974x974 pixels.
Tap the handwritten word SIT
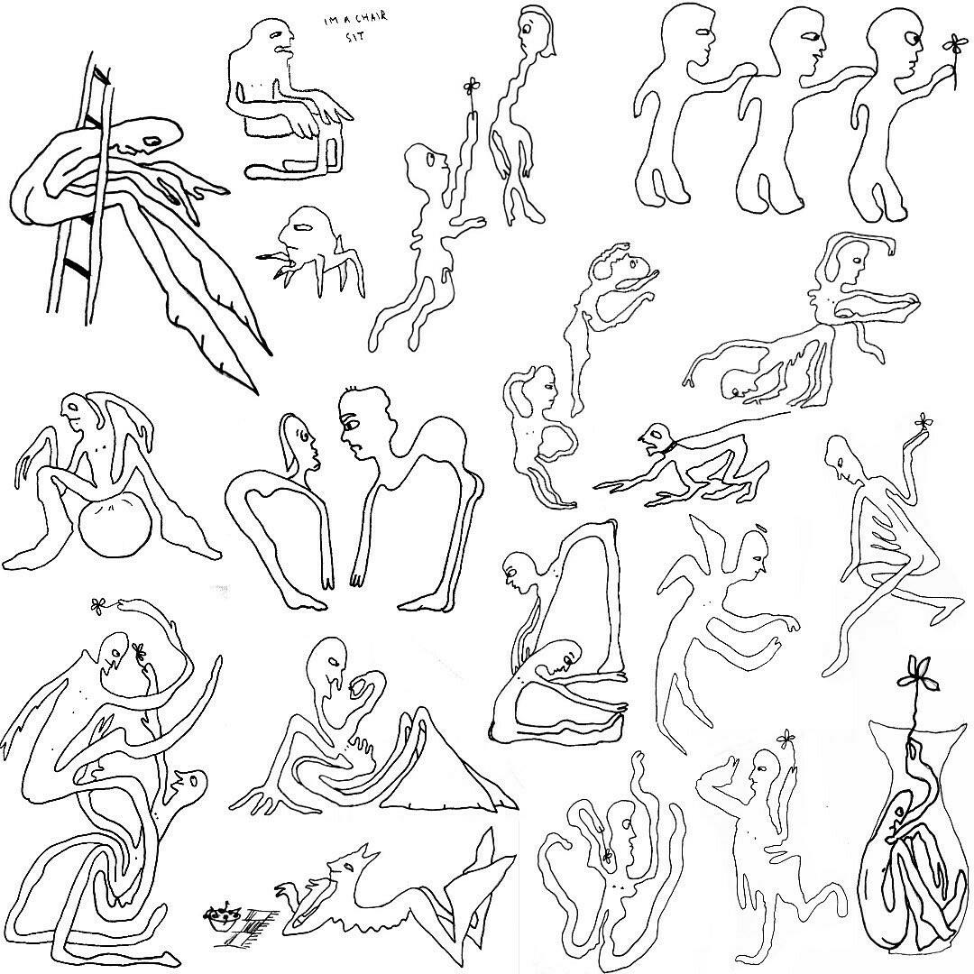coord(354,36)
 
